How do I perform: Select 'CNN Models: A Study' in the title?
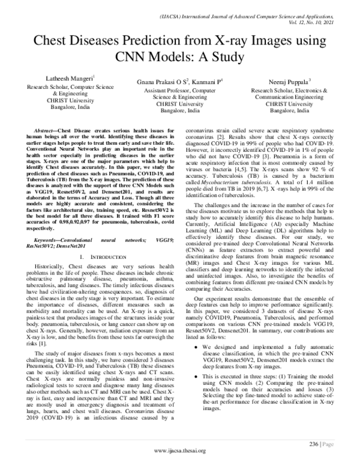[x=179, y=58]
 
